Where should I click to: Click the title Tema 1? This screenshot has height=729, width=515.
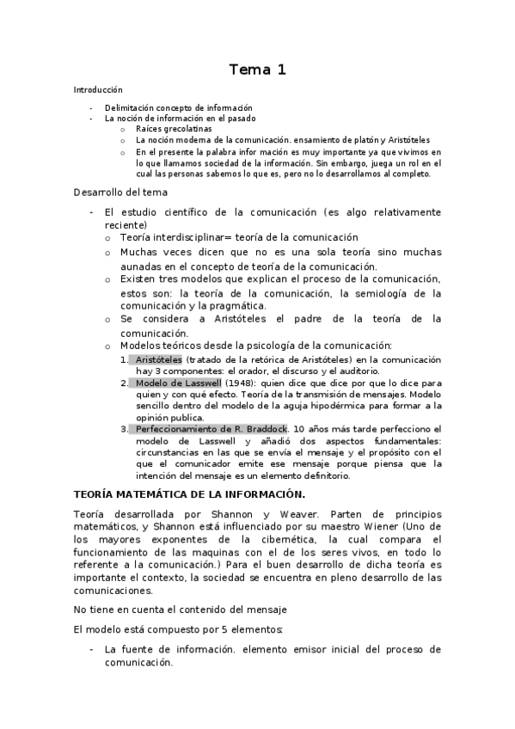[257, 70]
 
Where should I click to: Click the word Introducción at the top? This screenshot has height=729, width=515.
[97, 89]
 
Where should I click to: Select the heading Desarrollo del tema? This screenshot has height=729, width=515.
[120, 193]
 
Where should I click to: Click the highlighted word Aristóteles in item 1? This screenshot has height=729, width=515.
[159, 359]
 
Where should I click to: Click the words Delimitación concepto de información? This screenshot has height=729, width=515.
[178, 107]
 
